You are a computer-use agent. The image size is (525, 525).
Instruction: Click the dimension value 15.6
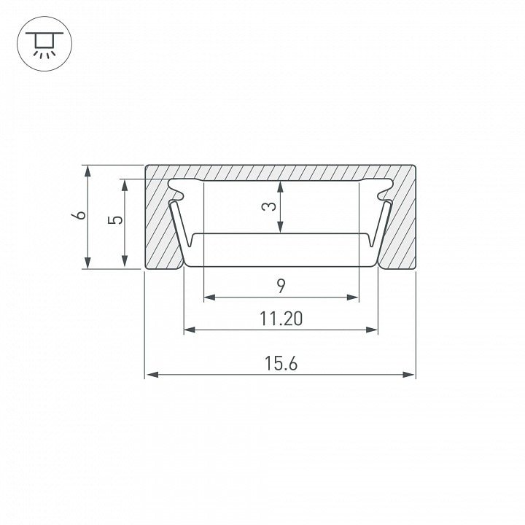(x=281, y=363)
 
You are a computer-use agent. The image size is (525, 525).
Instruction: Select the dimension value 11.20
(x=281, y=319)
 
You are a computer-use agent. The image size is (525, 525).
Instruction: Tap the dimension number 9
(x=281, y=287)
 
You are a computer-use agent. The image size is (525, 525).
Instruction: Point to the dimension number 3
(x=269, y=206)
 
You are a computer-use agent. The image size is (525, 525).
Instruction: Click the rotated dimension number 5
(x=115, y=220)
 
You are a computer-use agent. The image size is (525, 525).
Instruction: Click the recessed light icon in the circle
(x=44, y=45)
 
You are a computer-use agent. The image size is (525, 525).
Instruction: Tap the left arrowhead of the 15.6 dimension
(x=152, y=375)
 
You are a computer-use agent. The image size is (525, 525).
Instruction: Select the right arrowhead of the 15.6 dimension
(x=408, y=375)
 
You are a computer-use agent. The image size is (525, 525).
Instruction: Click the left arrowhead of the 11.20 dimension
(x=190, y=330)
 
